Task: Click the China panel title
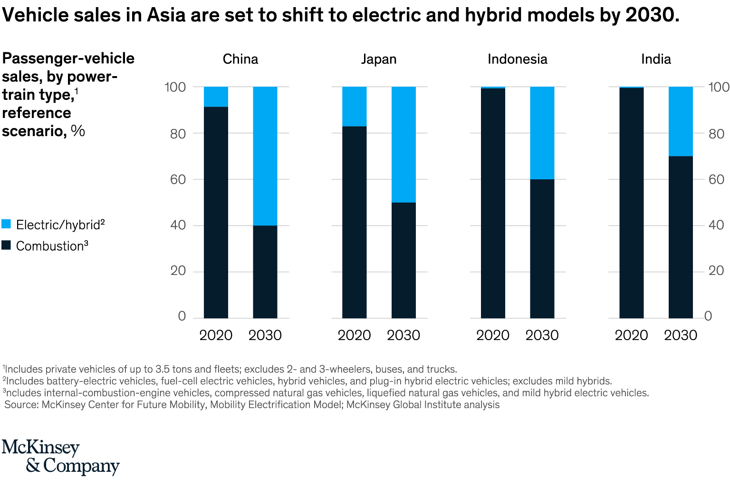click(240, 59)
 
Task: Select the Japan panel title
click(378, 59)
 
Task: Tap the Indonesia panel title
click(517, 59)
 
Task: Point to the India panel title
click(656, 59)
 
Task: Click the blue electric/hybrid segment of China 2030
click(265, 156)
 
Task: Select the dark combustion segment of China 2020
click(216, 212)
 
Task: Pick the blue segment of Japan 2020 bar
click(354, 107)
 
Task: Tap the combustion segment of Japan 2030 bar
click(403, 260)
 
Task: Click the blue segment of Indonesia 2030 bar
click(542, 133)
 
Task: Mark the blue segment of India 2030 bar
click(681, 121)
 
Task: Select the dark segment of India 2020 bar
click(631, 203)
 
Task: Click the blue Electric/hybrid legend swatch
click(6, 224)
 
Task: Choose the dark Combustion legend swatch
click(6, 245)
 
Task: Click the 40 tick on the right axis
click(716, 225)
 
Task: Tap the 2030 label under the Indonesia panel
click(542, 335)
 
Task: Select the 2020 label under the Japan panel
click(354, 335)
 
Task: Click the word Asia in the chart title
click(165, 15)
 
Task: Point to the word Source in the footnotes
click(21, 405)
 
